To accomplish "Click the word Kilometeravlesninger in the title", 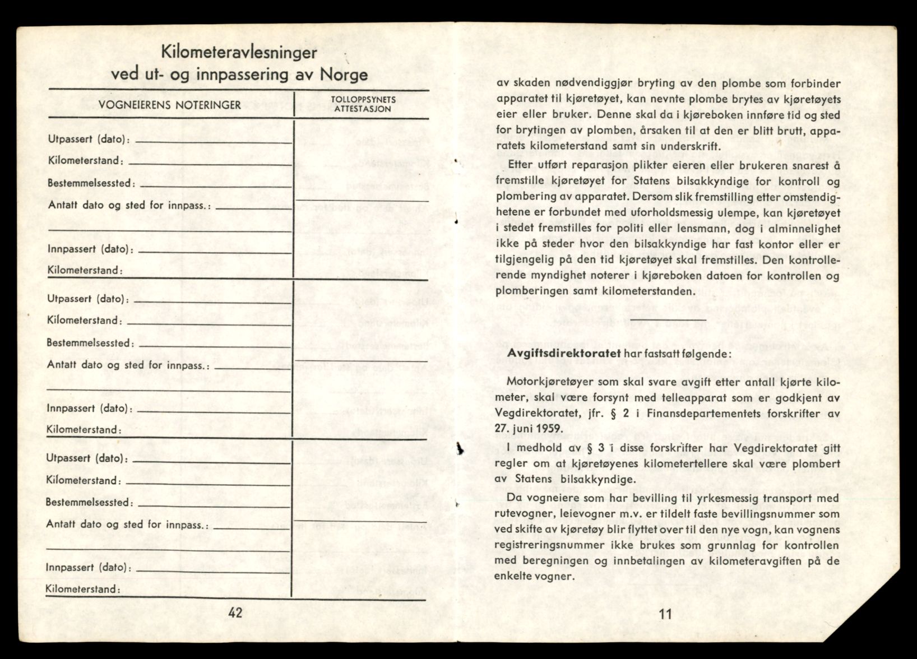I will tap(239, 53).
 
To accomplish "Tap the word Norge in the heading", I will tap(344, 75).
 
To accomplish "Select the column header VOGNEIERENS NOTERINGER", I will tap(170, 105).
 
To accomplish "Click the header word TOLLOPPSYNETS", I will tap(363, 99).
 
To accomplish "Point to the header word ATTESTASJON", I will tap(363, 109).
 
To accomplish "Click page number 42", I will tap(235, 612).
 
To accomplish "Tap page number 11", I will tap(665, 614).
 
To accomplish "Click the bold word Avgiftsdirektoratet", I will tap(563, 354).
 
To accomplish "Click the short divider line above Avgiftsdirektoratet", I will tap(660, 321).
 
